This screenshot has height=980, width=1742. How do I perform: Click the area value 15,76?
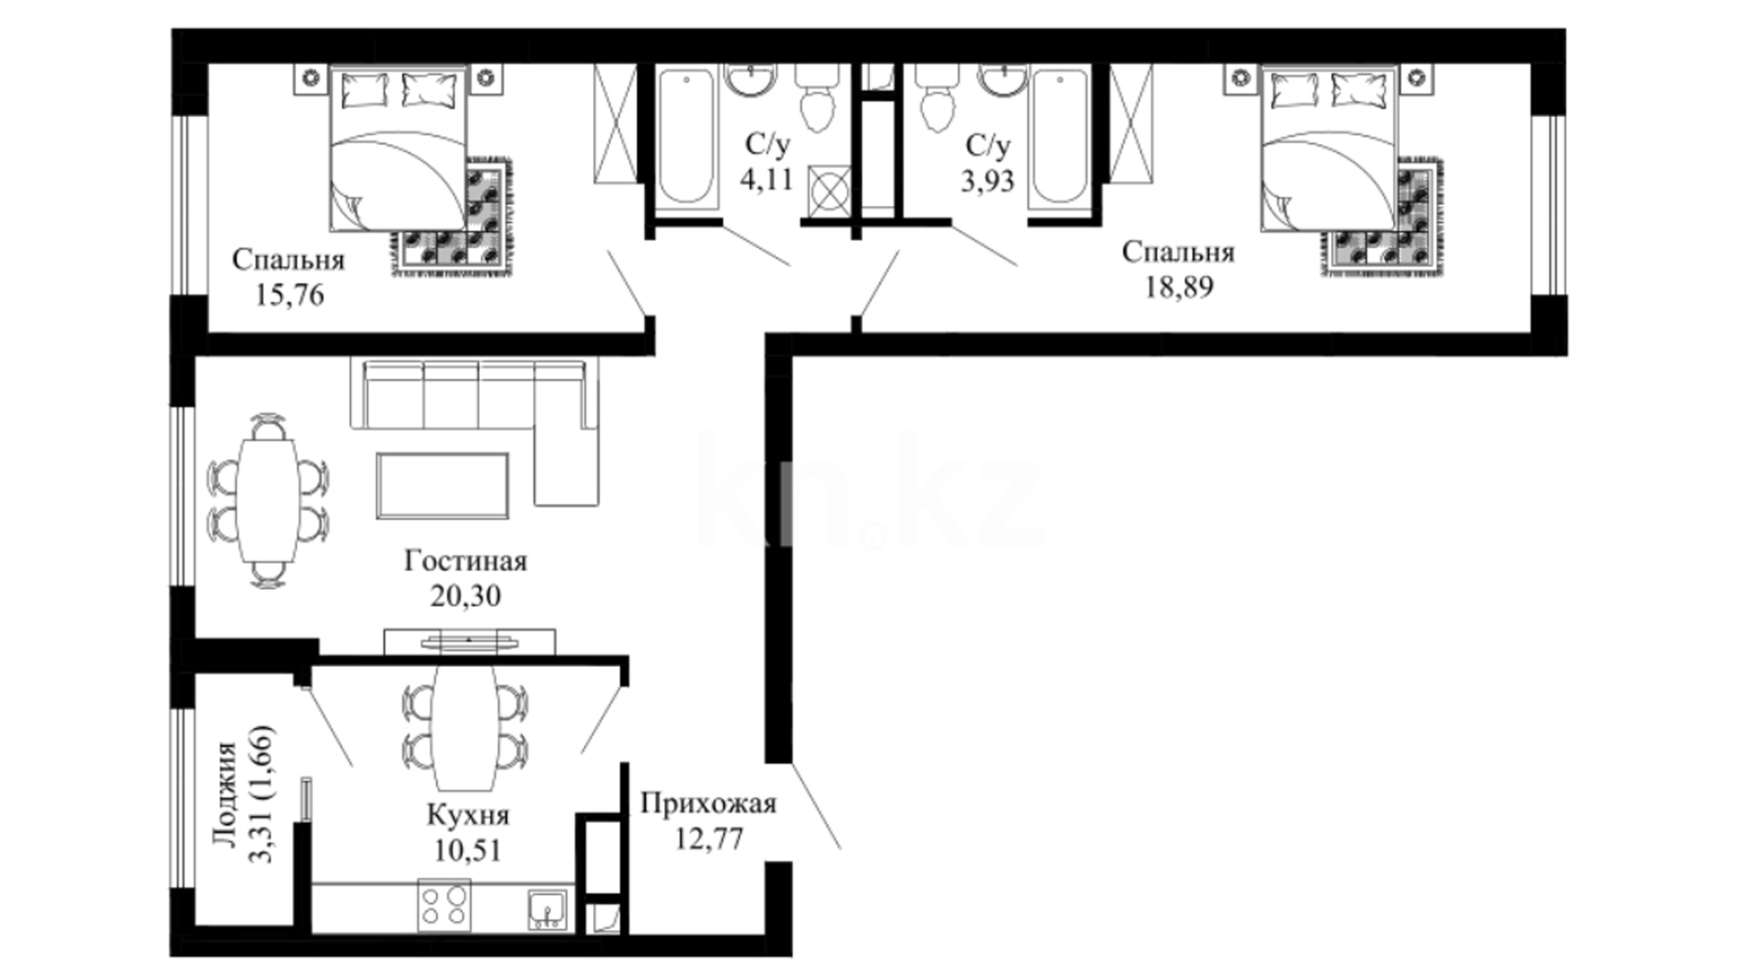[x=289, y=296]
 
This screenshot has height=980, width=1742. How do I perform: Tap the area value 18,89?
[x=1179, y=287]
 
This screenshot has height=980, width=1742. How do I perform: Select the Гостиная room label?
[x=465, y=561]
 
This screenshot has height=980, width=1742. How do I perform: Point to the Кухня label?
[x=468, y=816]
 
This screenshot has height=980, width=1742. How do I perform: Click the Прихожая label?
[x=709, y=804]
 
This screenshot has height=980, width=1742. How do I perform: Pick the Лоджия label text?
[x=224, y=794]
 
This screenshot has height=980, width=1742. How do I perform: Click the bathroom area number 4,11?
[x=767, y=180]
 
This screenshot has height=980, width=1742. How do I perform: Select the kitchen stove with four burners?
[x=445, y=905]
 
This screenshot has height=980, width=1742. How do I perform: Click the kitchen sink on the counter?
[x=548, y=909]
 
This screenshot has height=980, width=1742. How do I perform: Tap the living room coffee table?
[x=443, y=485]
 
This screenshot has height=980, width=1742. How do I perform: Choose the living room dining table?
[x=268, y=501]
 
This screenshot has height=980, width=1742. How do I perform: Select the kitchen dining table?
[x=465, y=727]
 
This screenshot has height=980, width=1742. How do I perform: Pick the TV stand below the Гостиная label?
[x=469, y=641]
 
